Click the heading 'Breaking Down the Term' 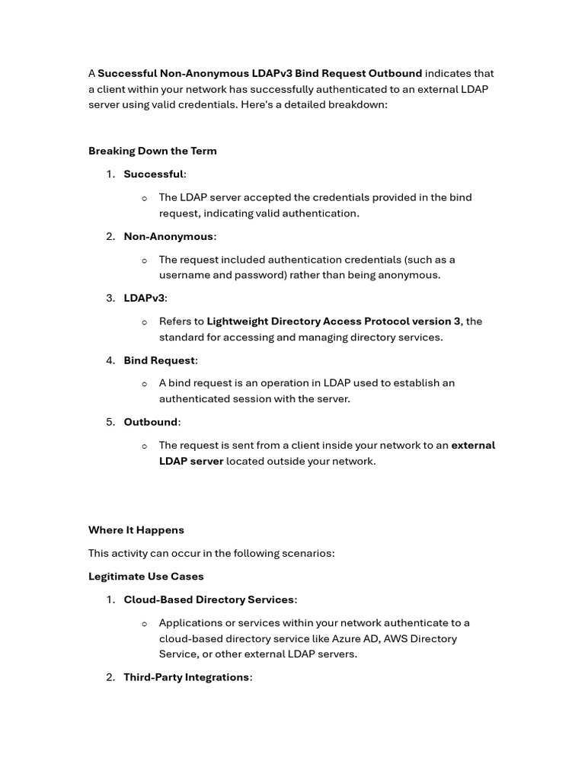pos(152,151)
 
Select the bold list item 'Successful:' pos(155,174)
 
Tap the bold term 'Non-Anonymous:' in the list pos(170,237)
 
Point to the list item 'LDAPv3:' pos(145,299)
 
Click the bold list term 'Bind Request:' pos(161,360)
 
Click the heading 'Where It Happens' pos(136,530)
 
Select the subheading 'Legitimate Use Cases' pos(146,577)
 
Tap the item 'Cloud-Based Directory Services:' pos(210,600)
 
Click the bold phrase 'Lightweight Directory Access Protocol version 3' pos(334,321)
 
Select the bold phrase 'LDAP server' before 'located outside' pos(191,462)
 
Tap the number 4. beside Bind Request pos(110,360)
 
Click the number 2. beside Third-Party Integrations pos(110,677)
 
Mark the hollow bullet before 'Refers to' pos(145,322)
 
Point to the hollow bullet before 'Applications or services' pos(145,624)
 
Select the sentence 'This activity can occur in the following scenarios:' pos(212,553)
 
